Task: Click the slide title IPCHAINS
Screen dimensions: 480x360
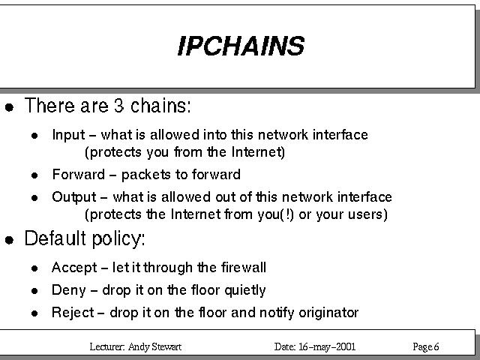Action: (241, 46)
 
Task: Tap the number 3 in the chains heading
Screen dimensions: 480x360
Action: (118, 105)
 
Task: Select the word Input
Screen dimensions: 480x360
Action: (68, 135)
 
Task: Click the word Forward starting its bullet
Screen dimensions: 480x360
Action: (79, 174)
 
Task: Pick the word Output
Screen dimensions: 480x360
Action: (74, 197)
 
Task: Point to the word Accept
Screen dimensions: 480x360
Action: (74, 268)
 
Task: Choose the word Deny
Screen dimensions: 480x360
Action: (68, 290)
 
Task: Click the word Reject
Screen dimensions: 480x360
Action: (73, 313)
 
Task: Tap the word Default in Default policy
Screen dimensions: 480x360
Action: (55, 238)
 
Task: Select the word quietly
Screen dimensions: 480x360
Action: (245, 290)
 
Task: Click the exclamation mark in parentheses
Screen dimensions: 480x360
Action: (286, 214)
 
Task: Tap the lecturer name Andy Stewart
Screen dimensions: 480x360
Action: (154, 346)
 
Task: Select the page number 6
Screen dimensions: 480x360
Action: (436, 346)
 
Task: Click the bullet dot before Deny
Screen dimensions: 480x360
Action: (34, 290)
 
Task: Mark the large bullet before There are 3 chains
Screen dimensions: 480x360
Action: (10, 107)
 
